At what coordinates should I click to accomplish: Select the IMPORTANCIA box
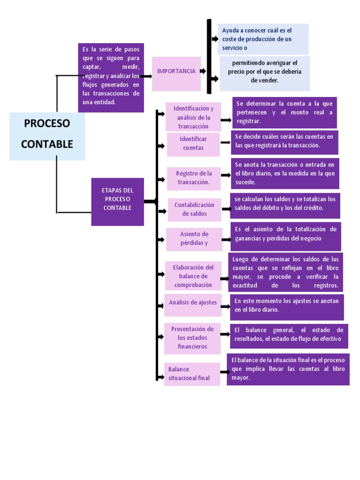point(176,74)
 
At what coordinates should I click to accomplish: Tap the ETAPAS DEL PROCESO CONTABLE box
point(117,202)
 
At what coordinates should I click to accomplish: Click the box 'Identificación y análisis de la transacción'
point(193,117)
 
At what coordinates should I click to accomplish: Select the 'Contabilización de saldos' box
point(194,209)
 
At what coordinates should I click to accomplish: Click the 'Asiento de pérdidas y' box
point(194,239)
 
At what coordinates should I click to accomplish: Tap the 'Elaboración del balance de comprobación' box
point(193,276)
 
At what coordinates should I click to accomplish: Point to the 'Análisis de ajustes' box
point(193,303)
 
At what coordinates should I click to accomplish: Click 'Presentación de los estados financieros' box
point(192,337)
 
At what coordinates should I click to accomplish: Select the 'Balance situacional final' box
point(192,374)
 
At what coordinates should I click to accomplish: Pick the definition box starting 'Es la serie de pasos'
point(111,77)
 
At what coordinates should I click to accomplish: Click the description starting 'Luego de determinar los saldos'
point(285,272)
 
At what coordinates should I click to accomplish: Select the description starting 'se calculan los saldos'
point(285,205)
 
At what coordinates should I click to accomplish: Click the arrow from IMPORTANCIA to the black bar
point(203,71)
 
